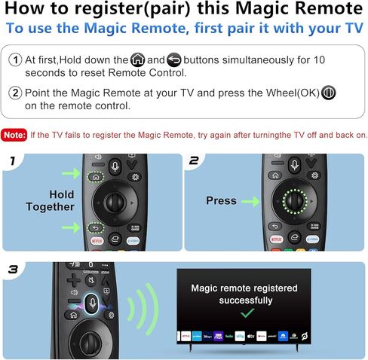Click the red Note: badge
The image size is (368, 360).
click(14, 136)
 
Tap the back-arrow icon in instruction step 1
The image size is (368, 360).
click(174, 59)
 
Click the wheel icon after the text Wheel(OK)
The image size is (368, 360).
click(329, 93)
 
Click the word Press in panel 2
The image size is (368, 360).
click(221, 201)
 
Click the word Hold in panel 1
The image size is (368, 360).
click(51, 193)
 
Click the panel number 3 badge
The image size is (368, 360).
click(13, 269)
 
